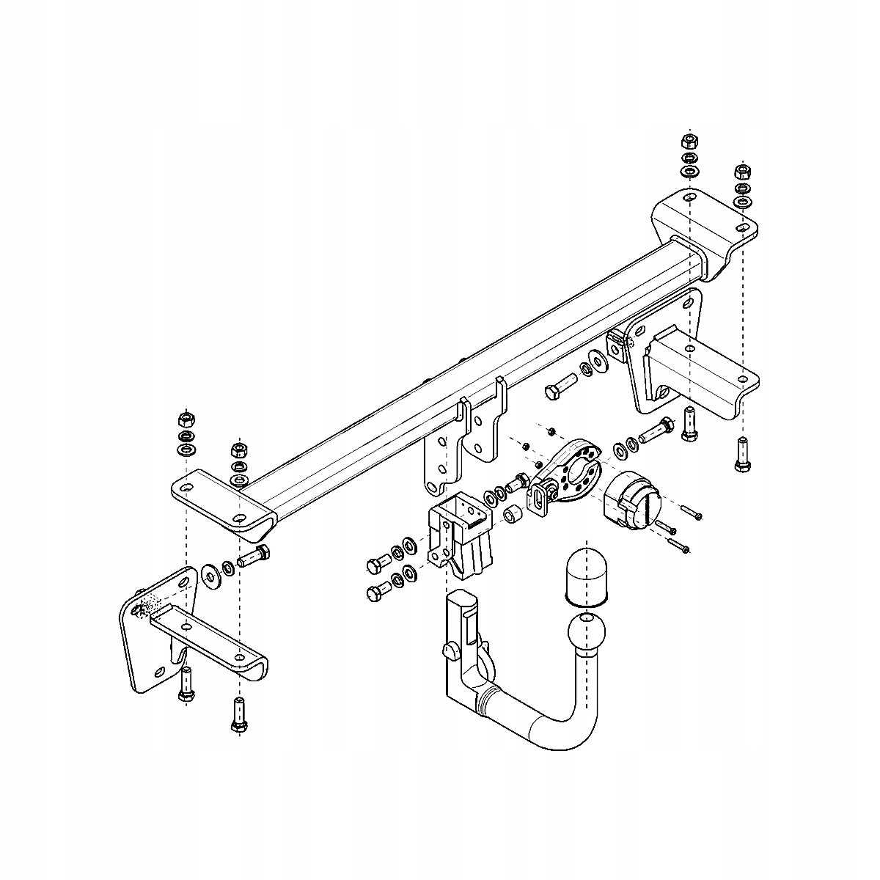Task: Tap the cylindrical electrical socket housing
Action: tap(631, 500)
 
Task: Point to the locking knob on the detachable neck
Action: tap(450, 648)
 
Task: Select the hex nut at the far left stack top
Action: tap(185, 419)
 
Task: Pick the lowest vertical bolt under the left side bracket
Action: tap(238, 716)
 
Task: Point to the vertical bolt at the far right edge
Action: tap(741, 455)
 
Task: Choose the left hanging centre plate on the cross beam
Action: tap(442, 455)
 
